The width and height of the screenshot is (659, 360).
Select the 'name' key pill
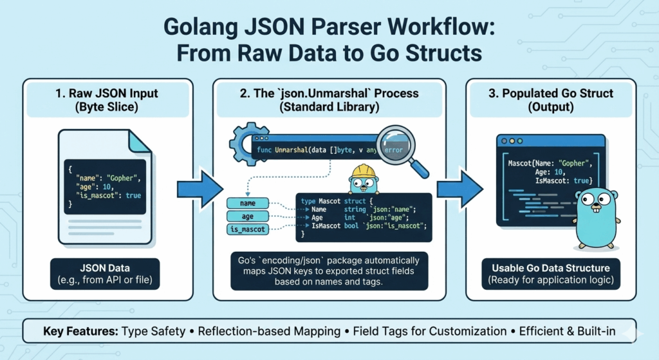248,204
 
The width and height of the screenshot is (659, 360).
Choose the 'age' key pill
248,216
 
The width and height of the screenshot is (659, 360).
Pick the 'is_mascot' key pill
248,229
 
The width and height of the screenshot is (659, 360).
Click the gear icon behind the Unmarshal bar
245,141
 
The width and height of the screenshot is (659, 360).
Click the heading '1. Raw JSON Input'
106,93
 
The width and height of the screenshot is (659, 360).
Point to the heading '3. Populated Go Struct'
550,93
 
